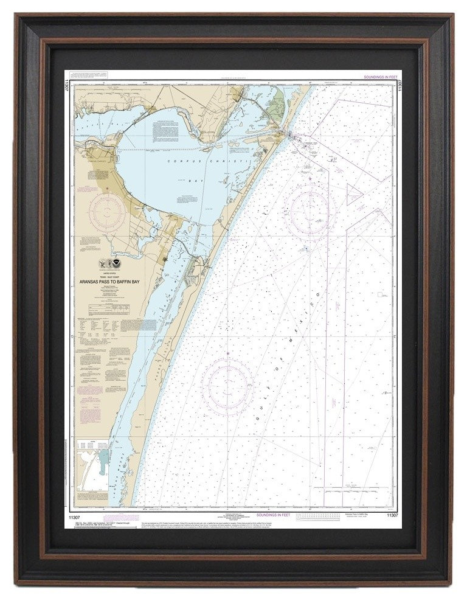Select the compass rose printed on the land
pyautogui.click(x=107, y=212)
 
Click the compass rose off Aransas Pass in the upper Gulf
pyautogui.click(x=311, y=210)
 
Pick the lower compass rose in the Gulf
pyautogui.click(x=227, y=384)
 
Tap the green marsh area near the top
pyautogui.click(x=277, y=103)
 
